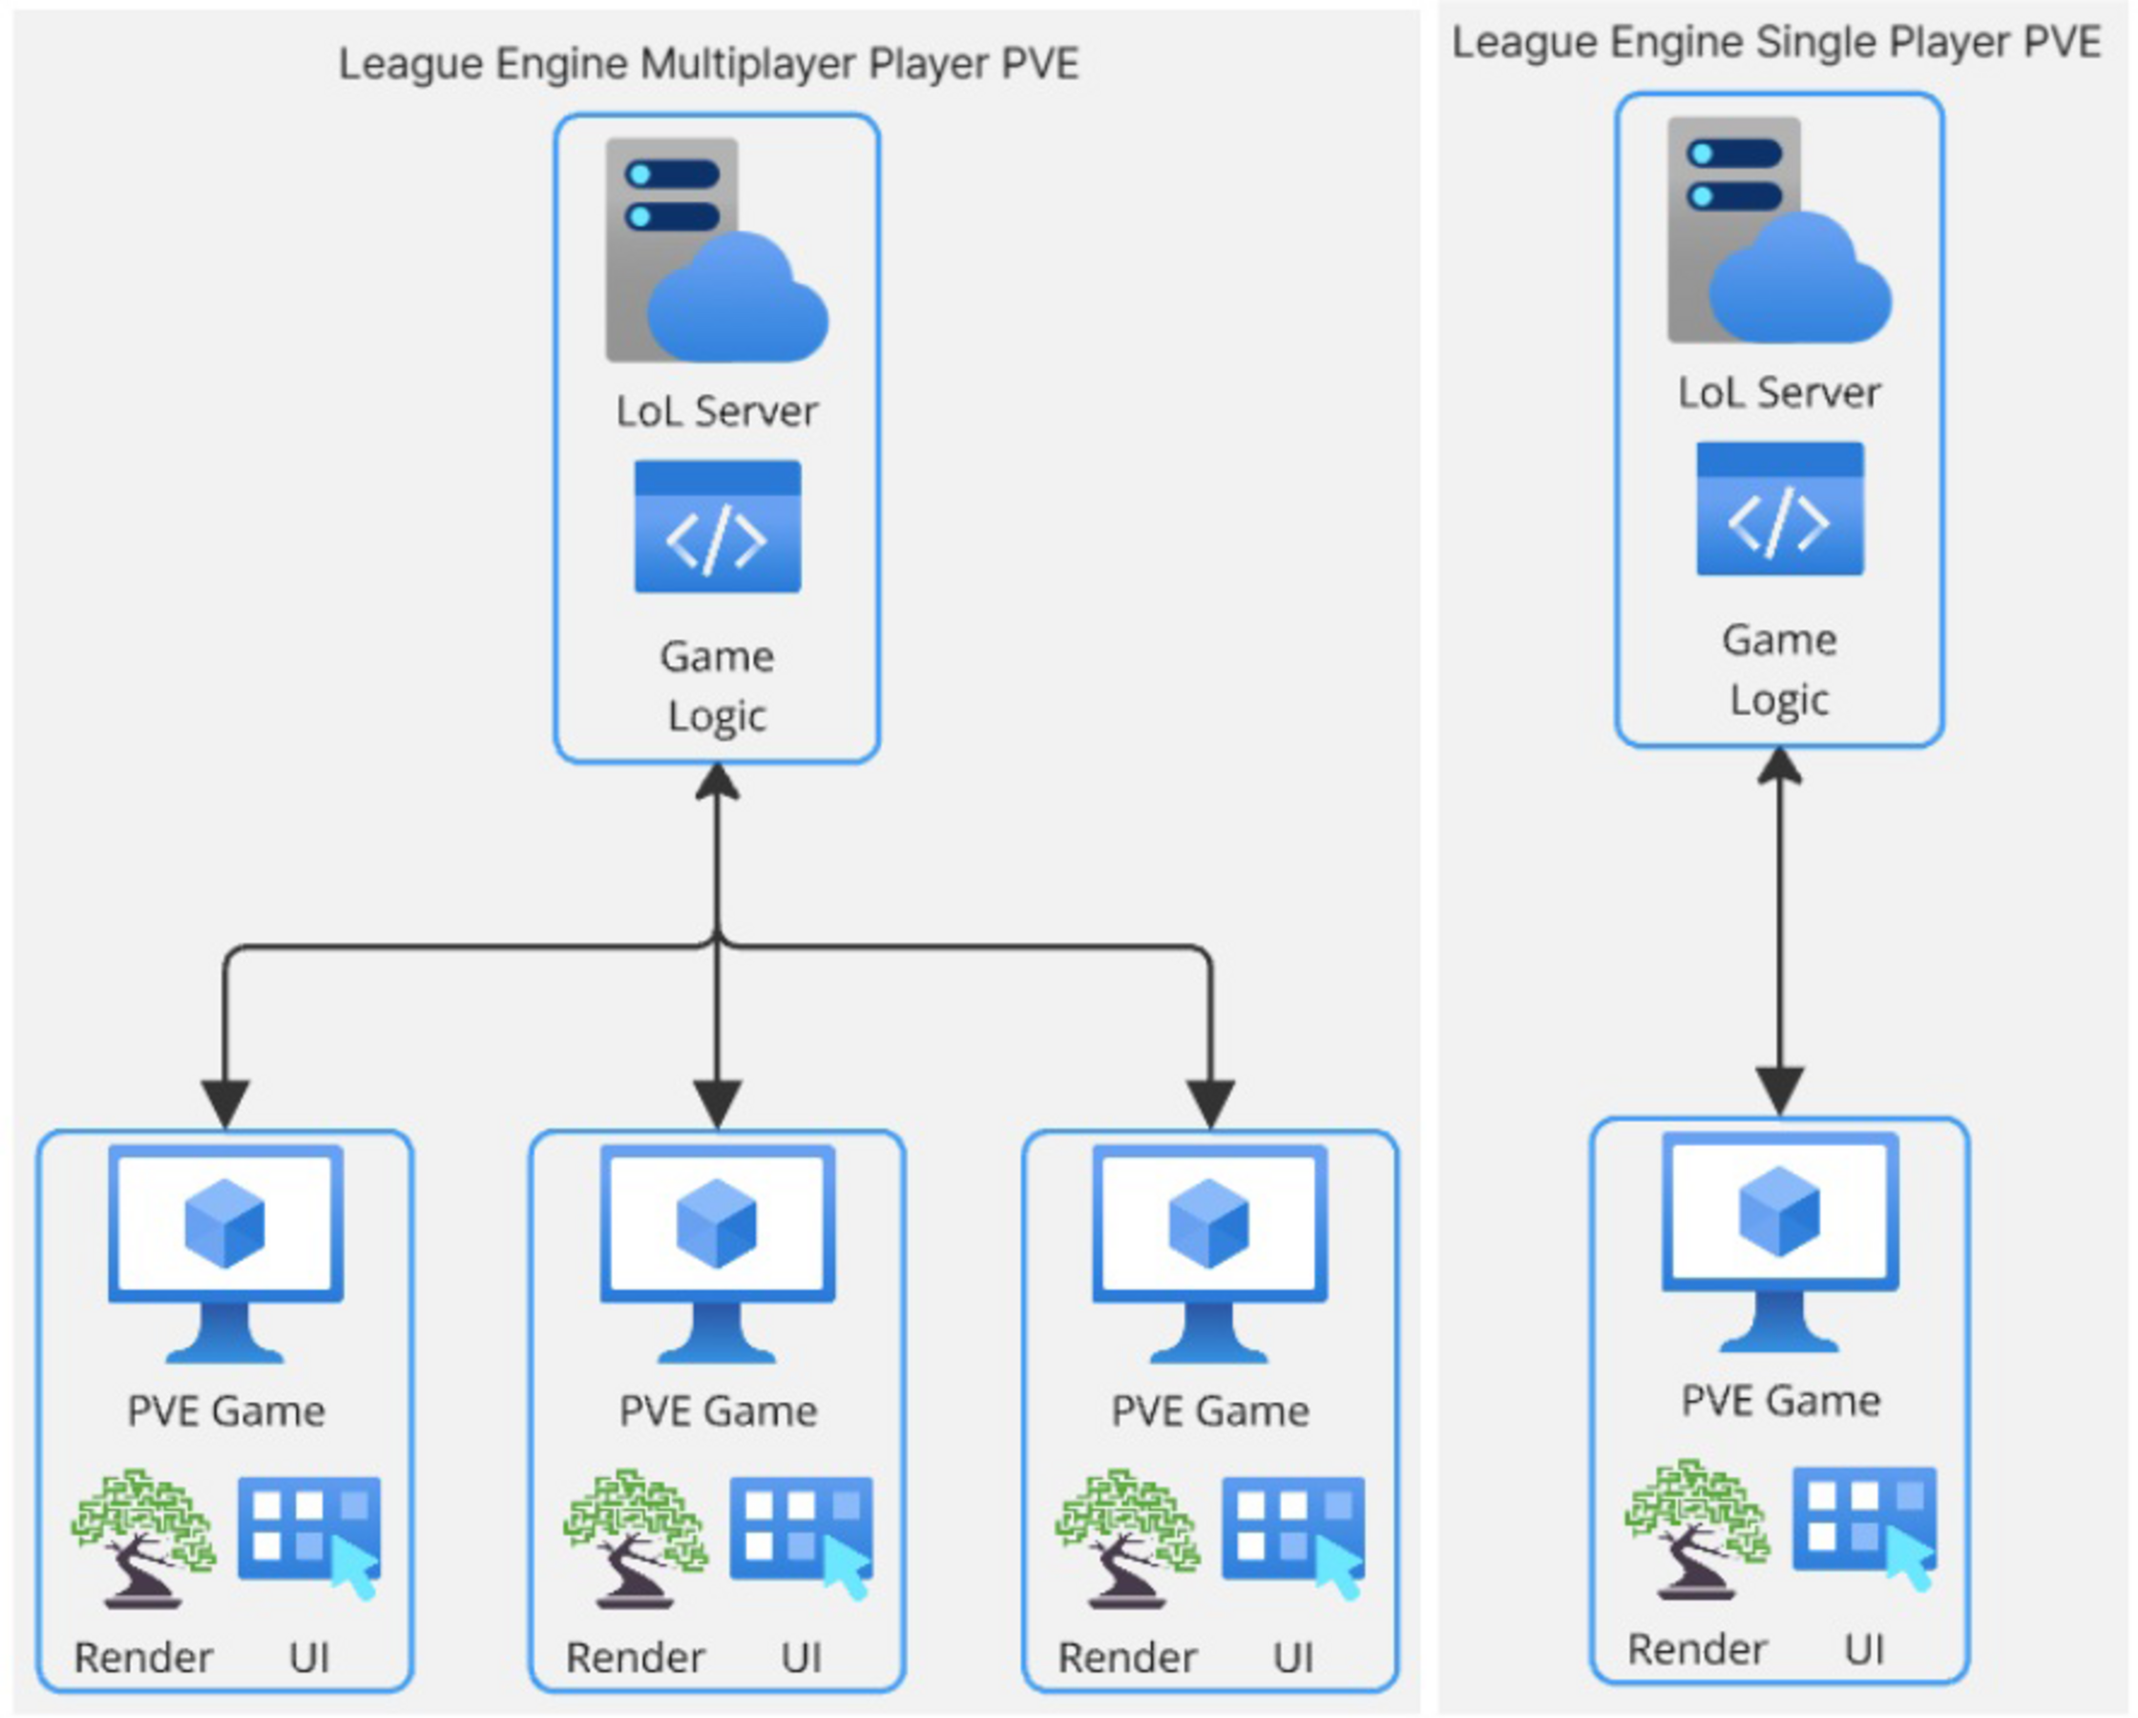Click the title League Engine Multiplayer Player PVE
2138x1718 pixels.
click(x=708, y=65)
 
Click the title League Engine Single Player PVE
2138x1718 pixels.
click(x=1775, y=43)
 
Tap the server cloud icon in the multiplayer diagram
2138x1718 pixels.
click(x=716, y=250)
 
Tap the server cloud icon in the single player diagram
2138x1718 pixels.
click(x=1779, y=230)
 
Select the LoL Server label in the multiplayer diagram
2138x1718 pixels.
click(x=716, y=411)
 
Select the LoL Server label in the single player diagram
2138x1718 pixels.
click(x=1779, y=393)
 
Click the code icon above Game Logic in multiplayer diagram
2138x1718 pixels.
click(x=717, y=527)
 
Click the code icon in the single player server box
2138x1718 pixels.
click(x=1780, y=508)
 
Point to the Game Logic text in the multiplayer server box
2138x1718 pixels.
click(x=716, y=686)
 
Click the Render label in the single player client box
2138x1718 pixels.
click(x=1697, y=1649)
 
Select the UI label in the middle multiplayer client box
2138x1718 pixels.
click(x=801, y=1658)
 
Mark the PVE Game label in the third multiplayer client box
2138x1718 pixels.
click(x=1210, y=1411)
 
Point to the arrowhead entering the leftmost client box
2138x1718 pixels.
click(x=225, y=1104)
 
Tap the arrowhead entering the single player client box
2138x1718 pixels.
click(x=1780, y=1090)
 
